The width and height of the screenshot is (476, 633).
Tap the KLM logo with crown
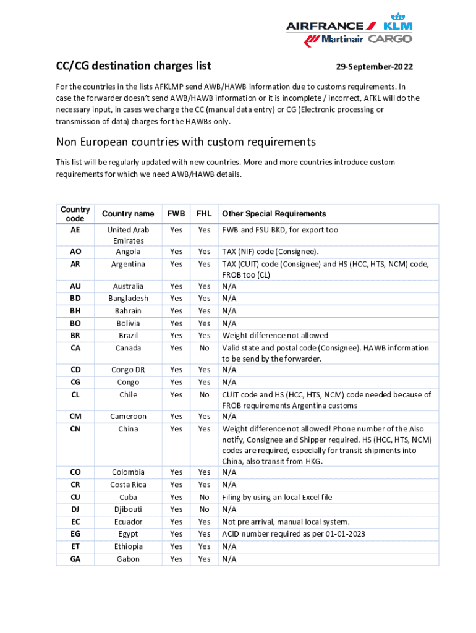click(397, 23)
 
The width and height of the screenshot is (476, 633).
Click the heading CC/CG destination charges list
click(134, 66)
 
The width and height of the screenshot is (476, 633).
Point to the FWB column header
click(176, 214)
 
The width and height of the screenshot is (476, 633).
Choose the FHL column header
click(204, 214)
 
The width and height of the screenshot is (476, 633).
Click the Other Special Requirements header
click(274, 214)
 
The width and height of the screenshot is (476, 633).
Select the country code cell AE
click(75, 230)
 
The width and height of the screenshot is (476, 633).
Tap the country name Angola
click(128, 252)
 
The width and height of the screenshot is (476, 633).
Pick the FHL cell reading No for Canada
click(204, 348)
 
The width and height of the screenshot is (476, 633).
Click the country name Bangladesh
click(128, 299)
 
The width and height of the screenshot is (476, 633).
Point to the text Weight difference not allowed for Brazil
click(275, 336)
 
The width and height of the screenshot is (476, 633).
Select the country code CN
click(75, 429)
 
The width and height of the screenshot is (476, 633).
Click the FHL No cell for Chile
click(204, 395)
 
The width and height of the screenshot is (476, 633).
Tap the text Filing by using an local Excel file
click(277, 497)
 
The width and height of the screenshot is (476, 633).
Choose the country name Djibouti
click(128, 509)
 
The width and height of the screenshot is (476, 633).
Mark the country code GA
click(75, 559)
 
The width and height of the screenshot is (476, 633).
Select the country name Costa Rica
click(128, 485)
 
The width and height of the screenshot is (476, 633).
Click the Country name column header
click(128, 214)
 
